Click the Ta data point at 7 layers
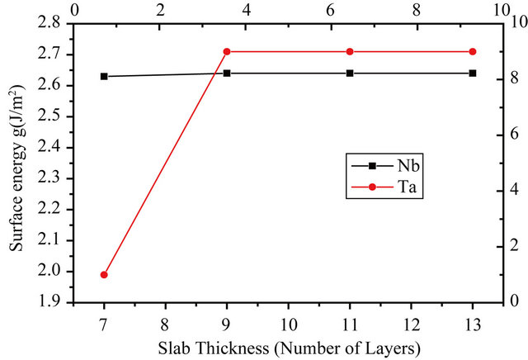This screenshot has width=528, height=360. pos(104,274)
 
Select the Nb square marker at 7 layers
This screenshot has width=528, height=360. pos(104,76)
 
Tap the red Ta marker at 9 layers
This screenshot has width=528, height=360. pos(227,52)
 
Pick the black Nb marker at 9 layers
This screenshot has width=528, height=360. pos(227,73)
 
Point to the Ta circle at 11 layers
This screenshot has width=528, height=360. pos(350,52)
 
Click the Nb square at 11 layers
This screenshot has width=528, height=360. pos(350,73)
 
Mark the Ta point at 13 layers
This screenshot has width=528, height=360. pos(473,52)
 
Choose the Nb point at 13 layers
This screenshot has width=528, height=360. pos(473,73)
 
